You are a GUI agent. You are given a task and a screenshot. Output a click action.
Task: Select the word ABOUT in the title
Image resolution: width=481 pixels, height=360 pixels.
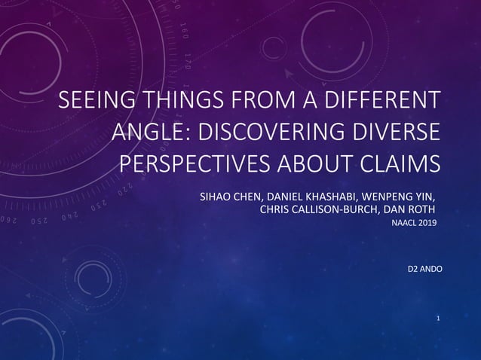320,163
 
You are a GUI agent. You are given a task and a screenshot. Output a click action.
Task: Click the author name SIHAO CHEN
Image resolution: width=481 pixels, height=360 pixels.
227,197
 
